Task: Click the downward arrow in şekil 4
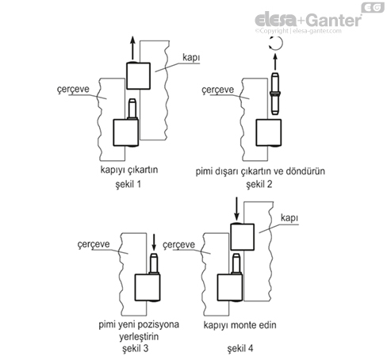pos(236,211)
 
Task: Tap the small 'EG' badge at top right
pos(370,7)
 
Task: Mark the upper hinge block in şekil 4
pos(241,236)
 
